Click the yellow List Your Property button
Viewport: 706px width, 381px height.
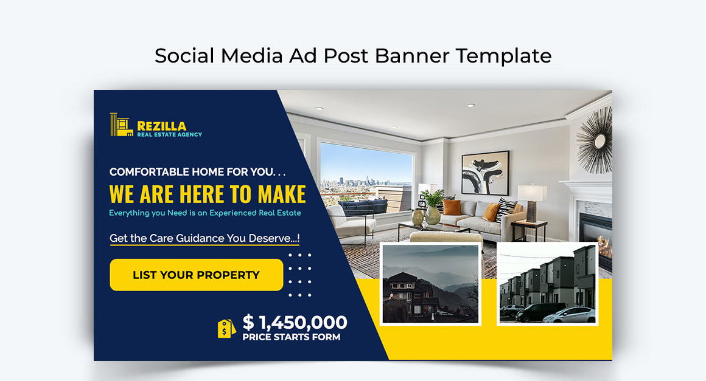196,275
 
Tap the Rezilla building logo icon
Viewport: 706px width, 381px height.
121,125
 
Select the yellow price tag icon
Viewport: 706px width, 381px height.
226,328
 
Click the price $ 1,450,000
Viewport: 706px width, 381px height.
295,322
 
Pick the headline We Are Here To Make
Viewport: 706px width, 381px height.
208,194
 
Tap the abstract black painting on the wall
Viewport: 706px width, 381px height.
485,172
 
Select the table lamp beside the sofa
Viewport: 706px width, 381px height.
533,201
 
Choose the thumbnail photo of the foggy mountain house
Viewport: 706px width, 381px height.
430,284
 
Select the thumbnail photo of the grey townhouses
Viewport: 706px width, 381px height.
547,283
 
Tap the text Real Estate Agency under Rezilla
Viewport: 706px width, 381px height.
169,134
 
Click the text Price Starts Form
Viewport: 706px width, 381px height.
291,337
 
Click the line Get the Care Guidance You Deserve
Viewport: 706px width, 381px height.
204,238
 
